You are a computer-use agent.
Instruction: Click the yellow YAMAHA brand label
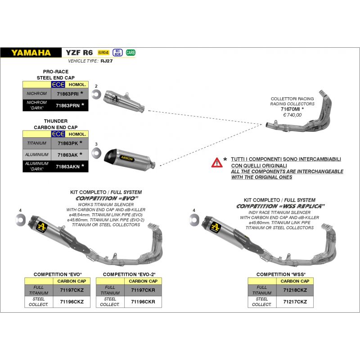click(31, 52)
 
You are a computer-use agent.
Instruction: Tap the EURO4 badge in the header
click(103, 52)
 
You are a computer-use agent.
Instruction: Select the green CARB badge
click(130, 52)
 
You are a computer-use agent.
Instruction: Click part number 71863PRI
click(68, 94)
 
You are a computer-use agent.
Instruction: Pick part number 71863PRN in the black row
click(68, 105)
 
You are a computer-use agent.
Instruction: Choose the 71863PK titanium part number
click(68, 143)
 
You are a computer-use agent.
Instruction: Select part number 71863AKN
click(68, 166)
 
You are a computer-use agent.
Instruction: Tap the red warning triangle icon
click(216, 162)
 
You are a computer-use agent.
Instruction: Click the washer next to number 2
click(95, 94)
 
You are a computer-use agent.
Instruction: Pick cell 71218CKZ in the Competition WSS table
click(296, 290)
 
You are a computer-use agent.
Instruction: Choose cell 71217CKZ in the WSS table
click(296, 302)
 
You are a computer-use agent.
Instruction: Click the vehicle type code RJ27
click(107, 61)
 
